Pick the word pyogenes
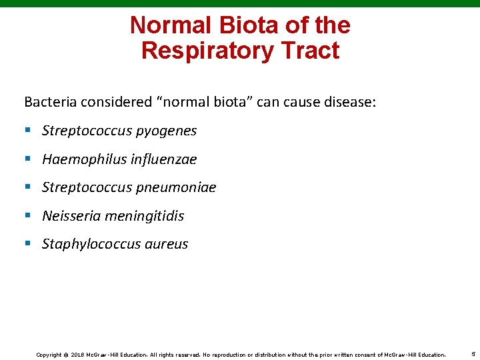click(x=166, y=131)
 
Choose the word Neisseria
click(x=69, y=216)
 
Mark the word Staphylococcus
click(x=88, y=244)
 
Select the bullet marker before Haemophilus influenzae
click(x=28, y=159)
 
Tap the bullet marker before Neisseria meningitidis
click(x=28, y=216)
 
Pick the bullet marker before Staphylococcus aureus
click(x=28, y=244)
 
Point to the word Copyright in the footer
click(x=49, y=355)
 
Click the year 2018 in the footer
click(x=77, y=355)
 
